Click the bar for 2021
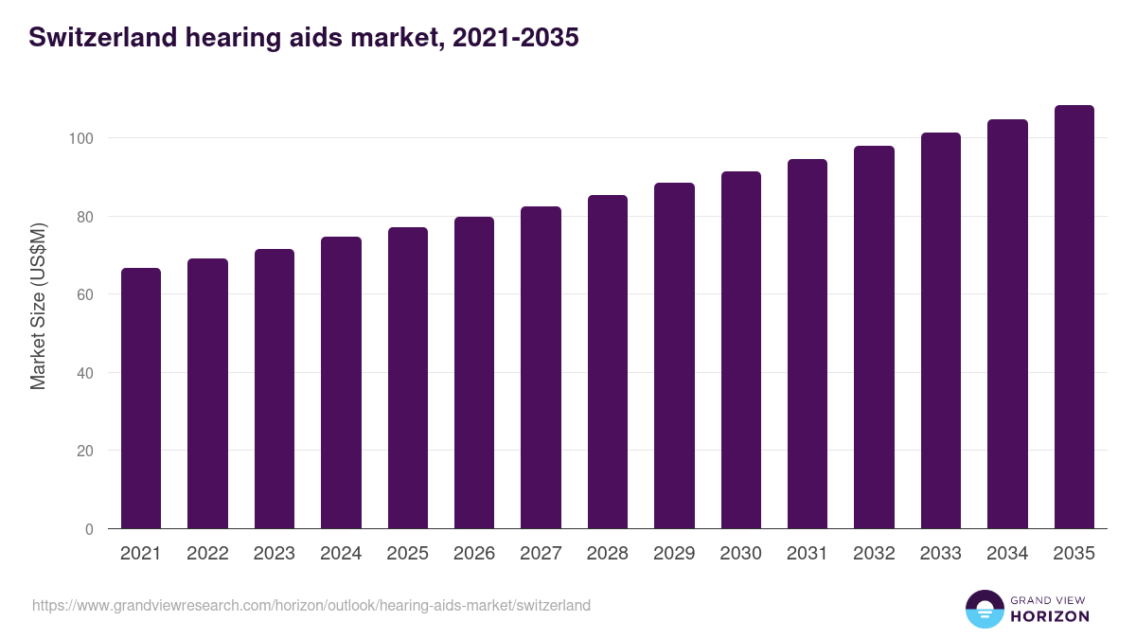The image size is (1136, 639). [141, 399]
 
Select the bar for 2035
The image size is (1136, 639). [1074, 317]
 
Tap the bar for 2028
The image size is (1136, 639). [608, 362]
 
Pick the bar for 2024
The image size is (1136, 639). [341, 382]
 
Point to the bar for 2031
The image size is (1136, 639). [808, 344]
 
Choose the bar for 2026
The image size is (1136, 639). [474, 373]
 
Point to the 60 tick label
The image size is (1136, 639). [84, 294]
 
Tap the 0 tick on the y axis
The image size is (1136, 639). [89, 529]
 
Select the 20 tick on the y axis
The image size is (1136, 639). [84, 451]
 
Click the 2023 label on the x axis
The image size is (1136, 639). [275, 554]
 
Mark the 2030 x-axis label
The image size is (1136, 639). [740, 554]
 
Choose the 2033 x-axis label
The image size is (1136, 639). [940, 554]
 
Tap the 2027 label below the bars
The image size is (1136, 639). [541, 554]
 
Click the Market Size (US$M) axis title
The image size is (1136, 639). [38, 306]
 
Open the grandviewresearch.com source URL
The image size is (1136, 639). [311, 605]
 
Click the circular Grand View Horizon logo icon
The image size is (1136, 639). [984, 609]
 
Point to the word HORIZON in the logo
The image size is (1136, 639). [1050, 616]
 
